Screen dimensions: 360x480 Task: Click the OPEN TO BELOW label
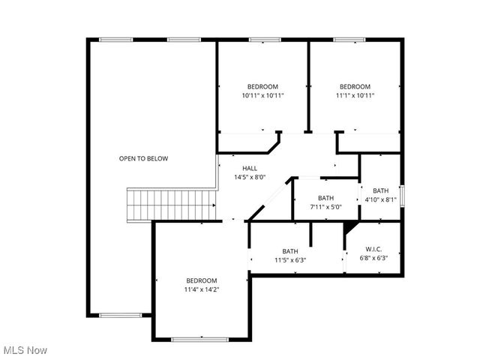143,158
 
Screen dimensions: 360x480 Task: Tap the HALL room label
250,168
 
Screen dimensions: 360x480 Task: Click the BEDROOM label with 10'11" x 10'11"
262,86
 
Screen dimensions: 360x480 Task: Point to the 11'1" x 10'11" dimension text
355,96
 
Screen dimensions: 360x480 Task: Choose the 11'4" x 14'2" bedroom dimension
202,289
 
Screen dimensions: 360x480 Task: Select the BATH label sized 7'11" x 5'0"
325,198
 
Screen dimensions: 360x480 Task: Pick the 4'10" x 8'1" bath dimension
381,200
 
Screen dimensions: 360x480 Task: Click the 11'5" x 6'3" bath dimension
290,260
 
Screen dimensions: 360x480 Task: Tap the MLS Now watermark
25,350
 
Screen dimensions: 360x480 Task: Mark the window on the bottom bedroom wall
199,340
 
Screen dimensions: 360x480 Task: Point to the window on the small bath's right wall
402,196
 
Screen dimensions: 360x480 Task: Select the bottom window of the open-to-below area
120,315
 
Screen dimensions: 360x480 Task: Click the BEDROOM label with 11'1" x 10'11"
355,86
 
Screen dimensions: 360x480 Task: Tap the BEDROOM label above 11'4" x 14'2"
202,280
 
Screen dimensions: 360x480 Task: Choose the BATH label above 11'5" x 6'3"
290,250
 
